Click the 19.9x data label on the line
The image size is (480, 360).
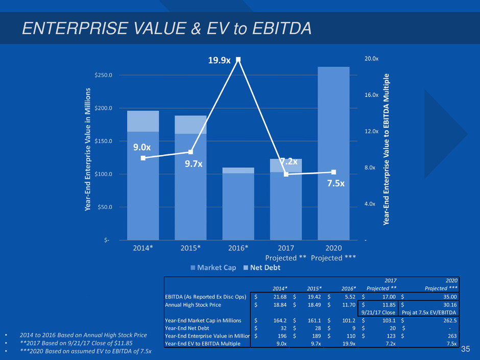coord(219,61)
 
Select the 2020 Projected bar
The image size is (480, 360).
coord(333,153)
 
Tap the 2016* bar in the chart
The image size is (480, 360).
coord(238,204)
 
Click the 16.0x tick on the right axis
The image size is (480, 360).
coord(371,95)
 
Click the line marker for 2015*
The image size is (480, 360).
coord(190,152)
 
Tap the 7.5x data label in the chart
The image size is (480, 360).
coord(335,184)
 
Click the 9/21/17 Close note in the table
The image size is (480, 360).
coord(378,313)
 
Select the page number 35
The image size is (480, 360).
coord(465,349)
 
